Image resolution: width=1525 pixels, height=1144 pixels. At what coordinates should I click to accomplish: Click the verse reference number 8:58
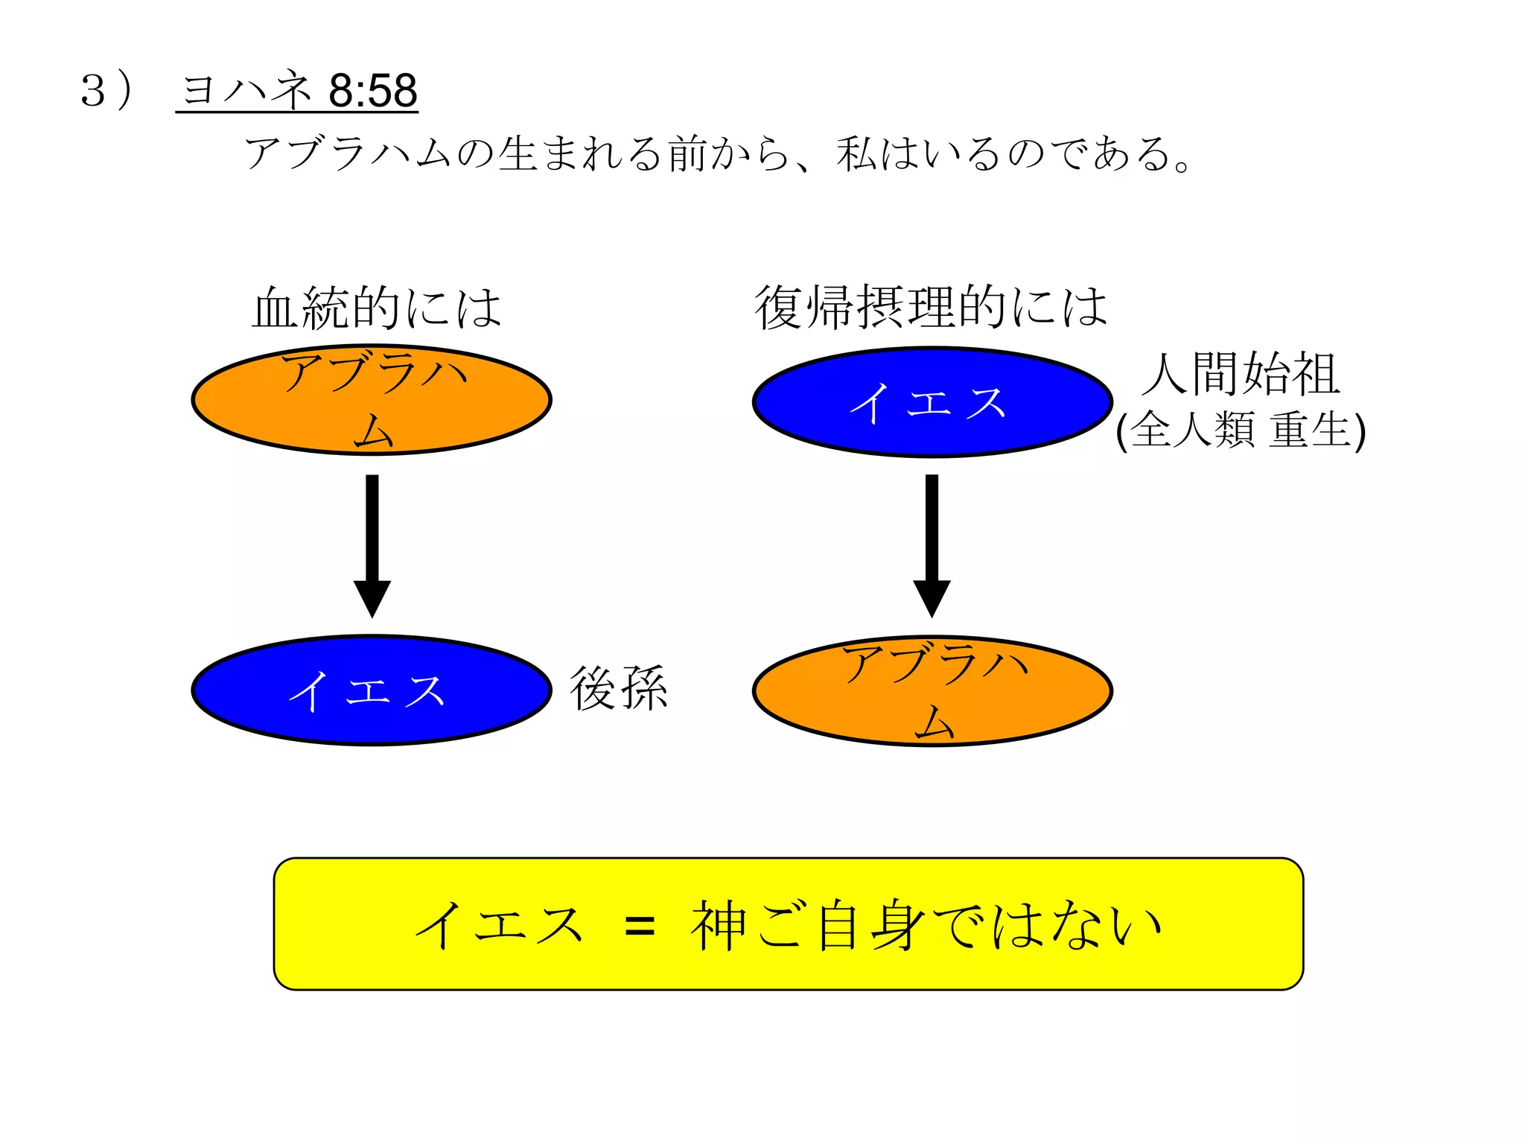pyautogui.click(x=372, y=91)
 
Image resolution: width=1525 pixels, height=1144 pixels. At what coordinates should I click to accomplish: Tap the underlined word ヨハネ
pyautogui.click(x=246, y=91)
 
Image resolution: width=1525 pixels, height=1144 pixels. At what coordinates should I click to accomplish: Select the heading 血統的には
pyautogui.click(x=377, y=308)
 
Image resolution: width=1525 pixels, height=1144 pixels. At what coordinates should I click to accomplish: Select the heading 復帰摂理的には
pyautogui.click(x=931, y=308)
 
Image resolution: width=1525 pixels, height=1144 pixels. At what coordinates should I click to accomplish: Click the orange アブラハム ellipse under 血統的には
pyautogui.click(x=372, y=400)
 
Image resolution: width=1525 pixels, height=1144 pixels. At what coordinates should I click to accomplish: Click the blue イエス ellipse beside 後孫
pyautogui.click(x=372, y=690)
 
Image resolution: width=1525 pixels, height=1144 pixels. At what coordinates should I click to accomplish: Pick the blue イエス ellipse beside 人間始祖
pyautogui.click(x=932, y=402)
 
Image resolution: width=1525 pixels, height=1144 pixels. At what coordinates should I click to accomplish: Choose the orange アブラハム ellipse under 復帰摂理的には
pyautogui.click(x=932, y=690)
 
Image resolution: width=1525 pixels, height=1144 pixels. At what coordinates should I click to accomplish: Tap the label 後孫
pyautogui.click(x=619, y=689)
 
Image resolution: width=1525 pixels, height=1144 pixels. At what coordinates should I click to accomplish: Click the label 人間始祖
pyautogui.click(x=1241, y=374)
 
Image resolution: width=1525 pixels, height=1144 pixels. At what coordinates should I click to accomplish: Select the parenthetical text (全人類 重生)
pyautogui.click(x=1241, y=430)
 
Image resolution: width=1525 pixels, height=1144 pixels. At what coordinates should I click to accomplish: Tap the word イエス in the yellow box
pyautogui.click(x=499, y=926)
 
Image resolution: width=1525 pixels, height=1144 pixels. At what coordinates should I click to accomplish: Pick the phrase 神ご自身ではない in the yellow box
pyautogui.click(x=926, y=926)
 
